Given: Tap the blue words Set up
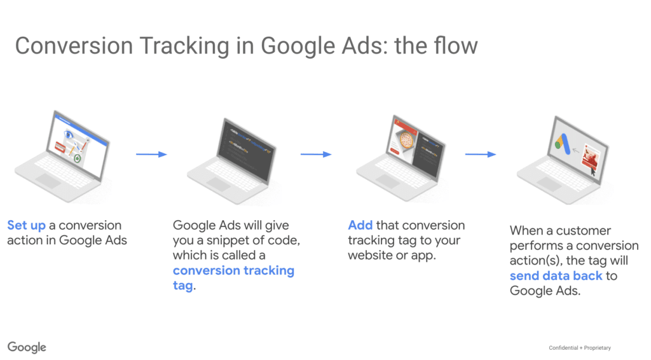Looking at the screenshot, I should click(x=26, y=225).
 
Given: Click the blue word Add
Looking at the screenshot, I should click(x=360, y=225).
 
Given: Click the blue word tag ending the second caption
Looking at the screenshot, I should click(x=182, y=286).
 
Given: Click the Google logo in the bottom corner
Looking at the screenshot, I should click(x=27, y=347).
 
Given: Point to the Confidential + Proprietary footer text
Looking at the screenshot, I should click(x=579, y=347).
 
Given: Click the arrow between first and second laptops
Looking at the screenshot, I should click(x=151, y=154).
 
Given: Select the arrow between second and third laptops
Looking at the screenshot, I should click(x=316, y=154).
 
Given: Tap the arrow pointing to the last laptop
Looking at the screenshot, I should click(x=481, y=154).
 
